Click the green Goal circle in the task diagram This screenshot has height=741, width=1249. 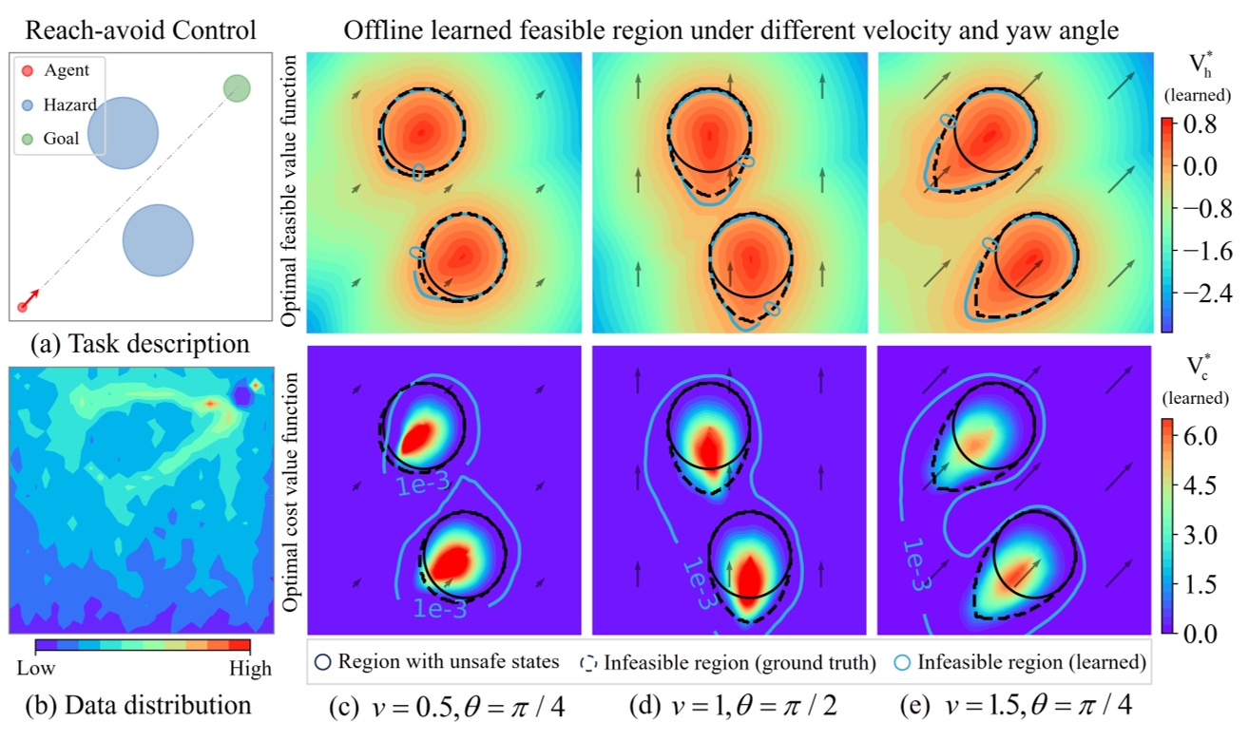click(x=237, y=88)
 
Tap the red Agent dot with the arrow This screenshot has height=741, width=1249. click(x=23, y=306)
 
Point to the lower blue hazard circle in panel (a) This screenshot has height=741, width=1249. click(x=158, y=240)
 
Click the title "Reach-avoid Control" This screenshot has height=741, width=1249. click(x=140, y=30)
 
